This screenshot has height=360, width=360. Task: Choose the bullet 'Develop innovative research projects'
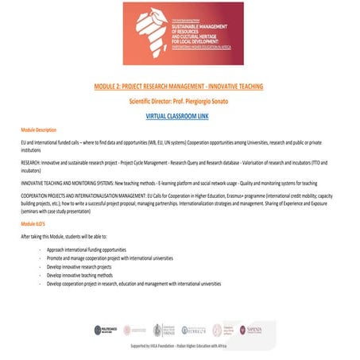pos(88,267)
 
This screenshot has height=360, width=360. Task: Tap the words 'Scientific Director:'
pos(153,101)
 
